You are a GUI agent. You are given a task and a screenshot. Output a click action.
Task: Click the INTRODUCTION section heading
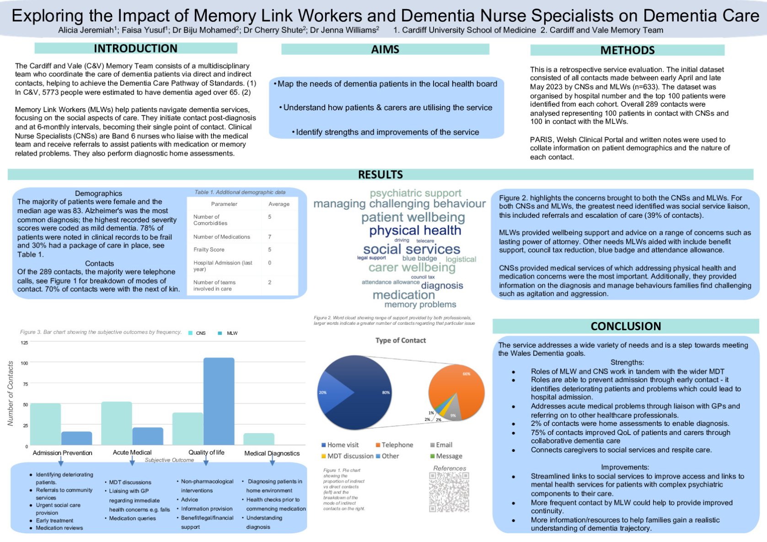coord(135,48)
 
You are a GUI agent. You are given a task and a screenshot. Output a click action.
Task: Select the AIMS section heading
coord(385,49)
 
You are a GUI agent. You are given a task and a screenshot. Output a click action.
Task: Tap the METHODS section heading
coord(627,50)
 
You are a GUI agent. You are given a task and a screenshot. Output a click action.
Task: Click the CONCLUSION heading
coord(625,326)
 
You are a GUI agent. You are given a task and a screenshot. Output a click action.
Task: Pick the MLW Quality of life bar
coord(219,401)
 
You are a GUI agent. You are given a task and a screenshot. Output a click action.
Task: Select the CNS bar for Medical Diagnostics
coord(259,439)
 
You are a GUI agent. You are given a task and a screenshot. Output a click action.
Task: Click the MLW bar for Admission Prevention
coord(77,438)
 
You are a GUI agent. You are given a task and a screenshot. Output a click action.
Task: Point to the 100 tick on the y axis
coord(24,363)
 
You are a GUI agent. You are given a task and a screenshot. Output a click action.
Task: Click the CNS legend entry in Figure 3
coord(197,333)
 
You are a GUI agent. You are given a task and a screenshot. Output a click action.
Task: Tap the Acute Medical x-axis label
coord(132,452)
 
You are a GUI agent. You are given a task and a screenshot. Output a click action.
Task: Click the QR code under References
coord(449,492)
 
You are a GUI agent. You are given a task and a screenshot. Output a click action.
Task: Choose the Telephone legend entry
coord(394,445)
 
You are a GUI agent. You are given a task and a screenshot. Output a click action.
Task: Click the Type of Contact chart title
coord(400,340)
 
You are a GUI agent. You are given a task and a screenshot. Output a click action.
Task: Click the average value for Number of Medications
coord(269,237)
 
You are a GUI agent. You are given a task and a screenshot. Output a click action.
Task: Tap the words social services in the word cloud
coord(411,249)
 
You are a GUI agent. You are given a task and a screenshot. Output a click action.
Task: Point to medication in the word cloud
coord(403,295)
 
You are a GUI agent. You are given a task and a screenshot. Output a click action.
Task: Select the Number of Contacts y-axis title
coord(11,393)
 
